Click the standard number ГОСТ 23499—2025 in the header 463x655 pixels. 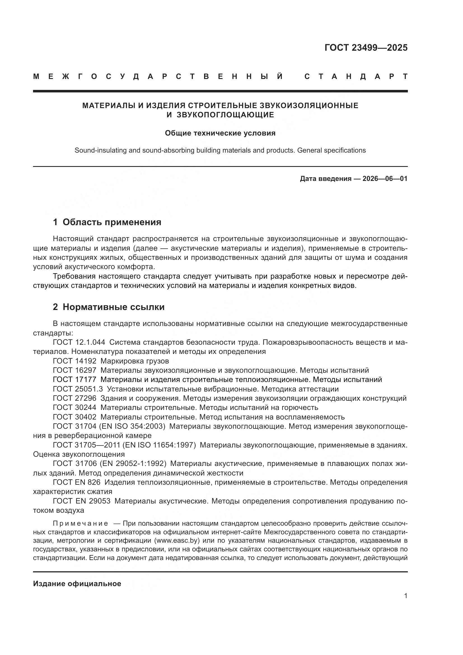tap(366, 48)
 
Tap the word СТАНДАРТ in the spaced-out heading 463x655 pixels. tap(356, 76)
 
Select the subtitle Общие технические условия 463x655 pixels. tap(220, 133)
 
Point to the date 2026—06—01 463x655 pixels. tap(385, 179)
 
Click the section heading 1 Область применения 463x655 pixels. tap(107, 222)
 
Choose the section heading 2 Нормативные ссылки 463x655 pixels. tap(109, 307)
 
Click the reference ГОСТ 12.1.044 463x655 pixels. tap(79, 342)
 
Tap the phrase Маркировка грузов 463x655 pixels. tap(135, 361)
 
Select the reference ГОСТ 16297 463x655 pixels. tap(75, 370)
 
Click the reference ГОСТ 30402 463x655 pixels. tap(75, 417)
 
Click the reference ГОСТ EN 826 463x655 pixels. tap(77, 482)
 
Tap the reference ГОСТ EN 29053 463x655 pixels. tap(81, 501)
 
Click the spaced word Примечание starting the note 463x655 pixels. tap(81, 523)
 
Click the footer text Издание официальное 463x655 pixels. tap(77, 584)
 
